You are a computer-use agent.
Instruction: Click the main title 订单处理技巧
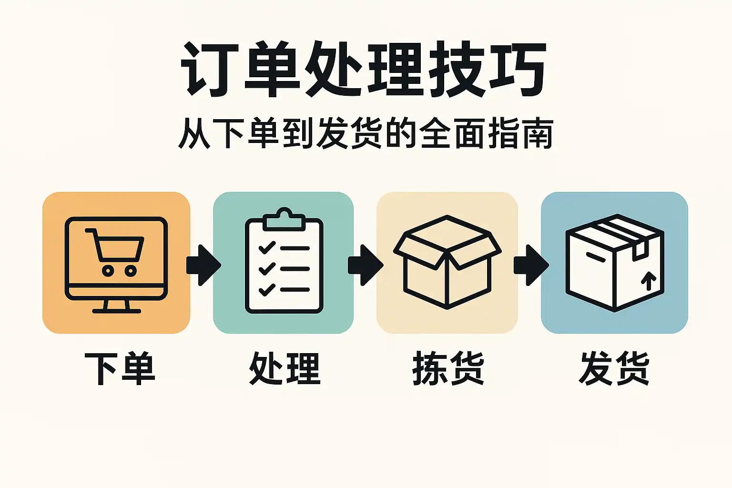364,69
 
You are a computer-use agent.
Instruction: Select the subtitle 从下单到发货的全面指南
366,134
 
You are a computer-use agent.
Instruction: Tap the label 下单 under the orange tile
119,368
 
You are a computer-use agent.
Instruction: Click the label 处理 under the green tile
285,368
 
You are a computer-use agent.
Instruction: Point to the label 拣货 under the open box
448,368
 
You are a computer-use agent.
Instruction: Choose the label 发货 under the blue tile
614,368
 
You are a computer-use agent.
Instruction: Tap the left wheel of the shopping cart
108,271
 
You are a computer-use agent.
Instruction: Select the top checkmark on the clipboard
267,248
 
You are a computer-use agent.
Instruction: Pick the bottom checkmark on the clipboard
267,290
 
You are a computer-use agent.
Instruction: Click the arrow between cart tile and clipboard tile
203,265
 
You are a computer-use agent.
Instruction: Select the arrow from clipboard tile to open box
366,265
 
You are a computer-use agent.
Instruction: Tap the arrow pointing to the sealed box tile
531,265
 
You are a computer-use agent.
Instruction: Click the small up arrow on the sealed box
649,281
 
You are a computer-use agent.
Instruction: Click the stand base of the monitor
117,311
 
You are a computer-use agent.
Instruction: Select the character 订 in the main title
210,69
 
